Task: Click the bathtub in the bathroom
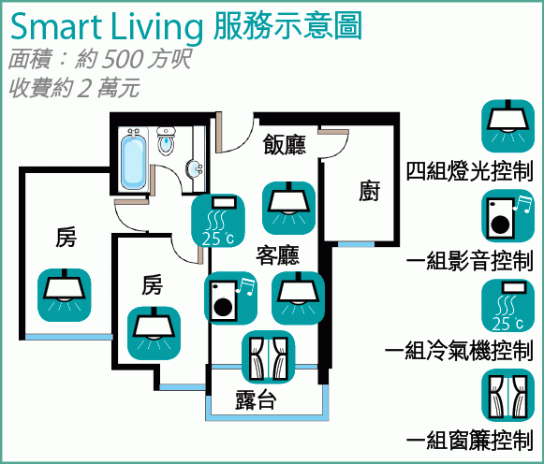(134, 161)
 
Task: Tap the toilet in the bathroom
(166, 141)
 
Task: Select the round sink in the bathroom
(195, 168)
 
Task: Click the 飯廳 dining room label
(284, 144)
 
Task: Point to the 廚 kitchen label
(369, 191)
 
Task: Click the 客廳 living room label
(277, 255)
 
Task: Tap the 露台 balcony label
(256, 399)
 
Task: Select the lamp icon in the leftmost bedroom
(65, 296)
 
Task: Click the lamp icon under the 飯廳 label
(288, 208)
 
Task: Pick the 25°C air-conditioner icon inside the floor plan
(218, 221)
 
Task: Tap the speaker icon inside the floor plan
(230, 298)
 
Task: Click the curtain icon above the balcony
(269, 357)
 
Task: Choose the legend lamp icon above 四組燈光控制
(507, 126)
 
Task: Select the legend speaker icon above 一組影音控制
(507, 216)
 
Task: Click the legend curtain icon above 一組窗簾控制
(507, 396)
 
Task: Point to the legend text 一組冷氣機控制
(459, 351)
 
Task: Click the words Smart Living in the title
(107, 27)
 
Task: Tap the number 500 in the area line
(123, 59)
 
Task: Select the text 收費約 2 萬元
(75, 88)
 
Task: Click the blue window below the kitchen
(357, 244)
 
